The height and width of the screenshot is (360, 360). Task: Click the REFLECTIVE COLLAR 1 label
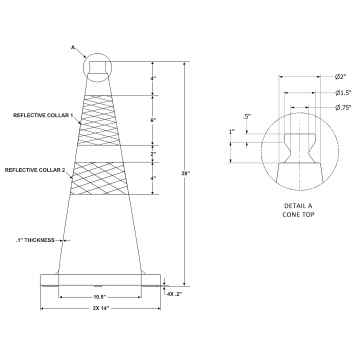pyautogui.click(x=42, y=115)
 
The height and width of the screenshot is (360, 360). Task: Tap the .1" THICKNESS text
pyautogui.click(x=37, y=240)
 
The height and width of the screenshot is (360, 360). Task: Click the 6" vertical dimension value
pyautogui.click(x=151, y=120)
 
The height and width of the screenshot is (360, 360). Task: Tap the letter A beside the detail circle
pyautogui.click(x=73, y=45)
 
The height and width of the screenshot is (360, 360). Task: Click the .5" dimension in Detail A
pyautogui.click(x=246, y=117)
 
